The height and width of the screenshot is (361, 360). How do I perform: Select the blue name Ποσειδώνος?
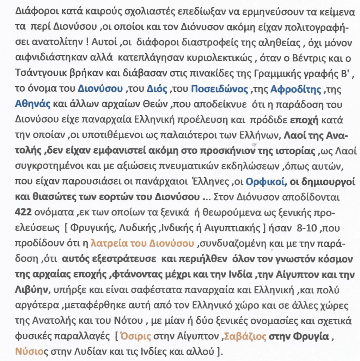coord(219,89)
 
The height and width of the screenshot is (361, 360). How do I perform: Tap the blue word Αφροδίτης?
coord(295,89)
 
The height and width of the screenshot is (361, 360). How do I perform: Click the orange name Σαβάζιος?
coord(245,336)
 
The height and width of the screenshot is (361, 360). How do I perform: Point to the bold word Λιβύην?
coord(30,290)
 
